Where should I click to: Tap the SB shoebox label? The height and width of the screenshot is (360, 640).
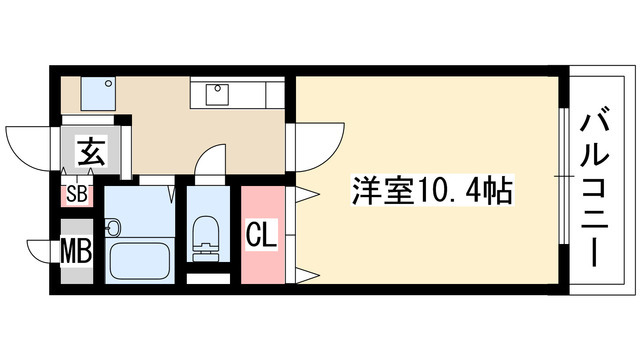[77, 195]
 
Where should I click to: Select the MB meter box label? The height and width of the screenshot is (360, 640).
[77, 250]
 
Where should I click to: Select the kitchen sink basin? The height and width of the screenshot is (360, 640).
[218, 95]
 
